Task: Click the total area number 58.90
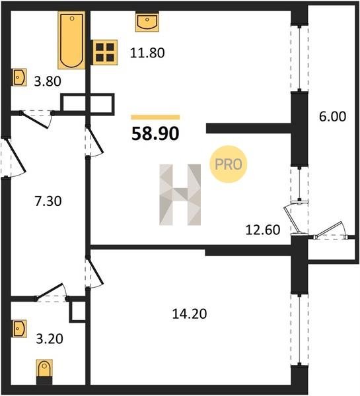(155, 133)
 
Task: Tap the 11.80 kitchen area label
(147, 53)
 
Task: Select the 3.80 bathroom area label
(48, 82)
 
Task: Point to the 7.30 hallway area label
(48, 201)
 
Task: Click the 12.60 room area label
(263, 230)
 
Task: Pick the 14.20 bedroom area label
(190, 314)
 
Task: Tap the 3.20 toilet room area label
(50, 339)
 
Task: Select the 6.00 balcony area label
(332, 117)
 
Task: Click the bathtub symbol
(71, 40)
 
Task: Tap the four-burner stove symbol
(104, 52)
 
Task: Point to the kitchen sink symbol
(147, 22)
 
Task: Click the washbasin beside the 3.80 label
(19, 77)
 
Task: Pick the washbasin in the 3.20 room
(19, 328)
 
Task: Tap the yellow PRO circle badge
(229, 164)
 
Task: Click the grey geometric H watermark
(180, 195)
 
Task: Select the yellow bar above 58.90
(155, 117)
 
